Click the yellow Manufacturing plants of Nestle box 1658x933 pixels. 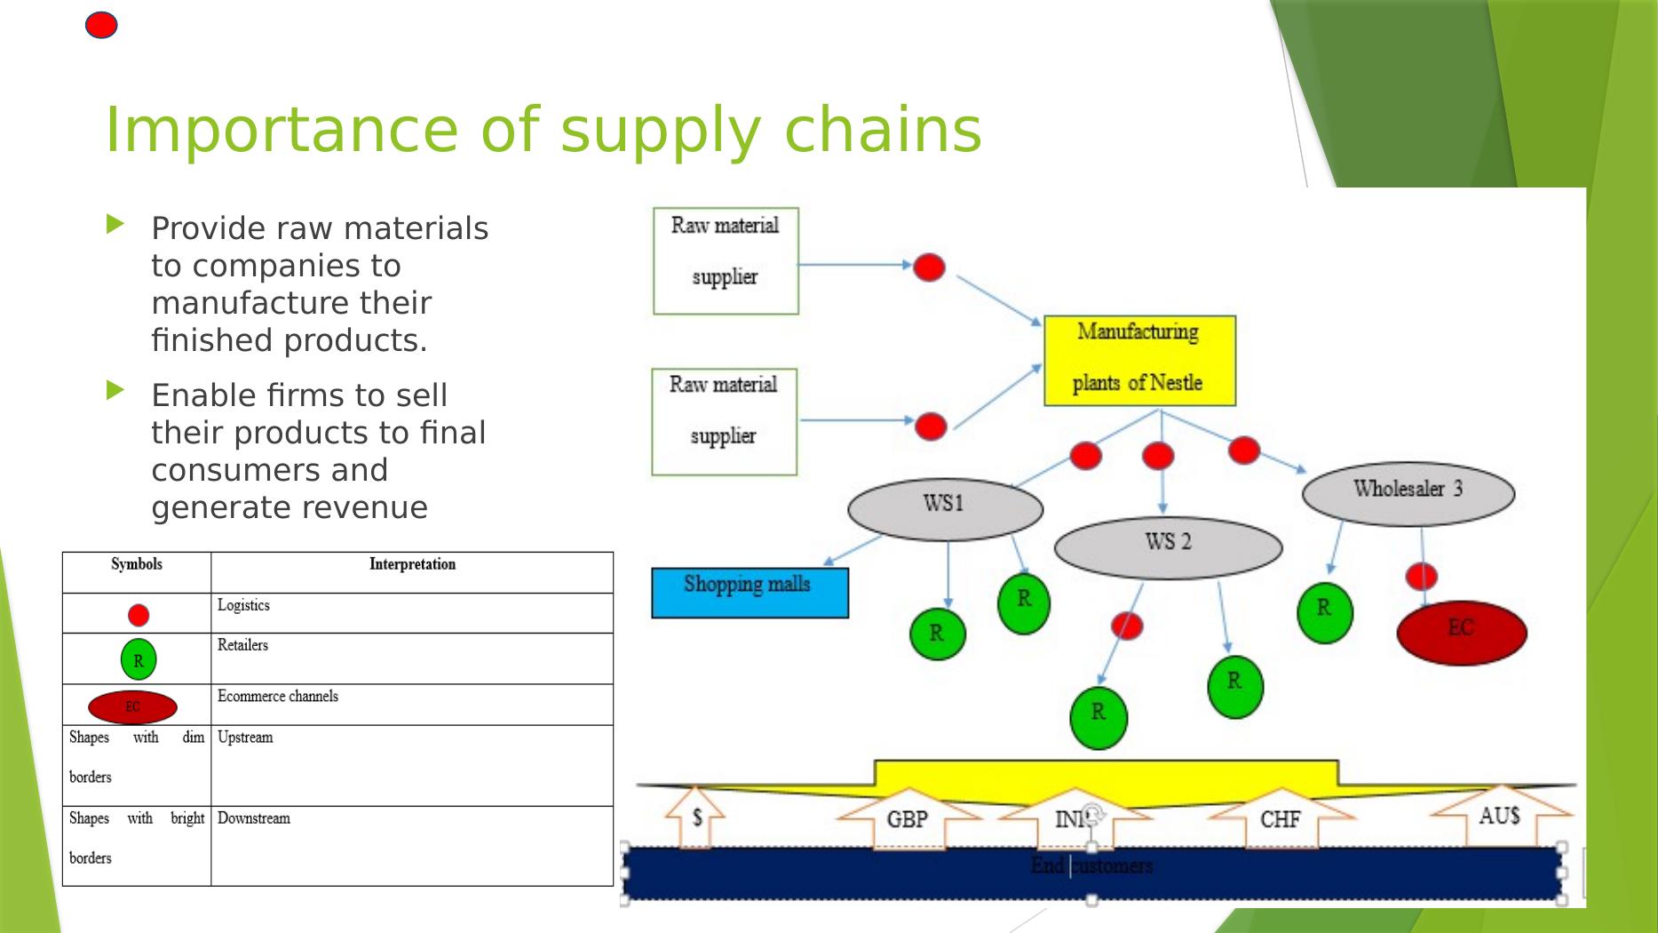pyautogui.click(x=1139, y=360)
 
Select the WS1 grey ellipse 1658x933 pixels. pyautogui.click(x=945, y=509)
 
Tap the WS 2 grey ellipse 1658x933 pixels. pyautogui.click(x=1168, y=547)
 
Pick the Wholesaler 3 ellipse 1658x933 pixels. pyautogui.click(x=1408, y=493)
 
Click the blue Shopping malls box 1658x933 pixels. pyautogui.click(x=750, y=593)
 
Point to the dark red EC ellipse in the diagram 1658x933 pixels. pyautogui.click(x=1461, y=632)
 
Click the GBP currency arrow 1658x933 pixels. pyautogui.click(x=908, y=817)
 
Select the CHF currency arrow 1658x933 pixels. pyautogui.click(x=1280, y=817)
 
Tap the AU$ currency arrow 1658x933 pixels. pyautogui.click(x=1500, y=813)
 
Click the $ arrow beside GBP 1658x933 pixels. pyautogui.click(x=697, y=815)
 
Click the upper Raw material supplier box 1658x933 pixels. pyautogui.click(x=726, y=260)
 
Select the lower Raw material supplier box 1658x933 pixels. pyautogui.click(x=724, y=421)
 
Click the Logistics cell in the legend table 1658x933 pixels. pyautogui.click(x=412, y=612)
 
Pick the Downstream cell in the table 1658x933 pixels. pyautogui.click(x=412, y=845)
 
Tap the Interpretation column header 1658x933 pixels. pyautogui.click(x=412, y=564)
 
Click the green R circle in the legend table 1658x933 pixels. pyautogui.click(x=139, y=659)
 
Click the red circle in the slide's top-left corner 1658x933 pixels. pyautogui.click(x=101, y=26)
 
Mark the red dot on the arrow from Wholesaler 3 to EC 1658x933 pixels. pyautogui.click(x=1421, y=576)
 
